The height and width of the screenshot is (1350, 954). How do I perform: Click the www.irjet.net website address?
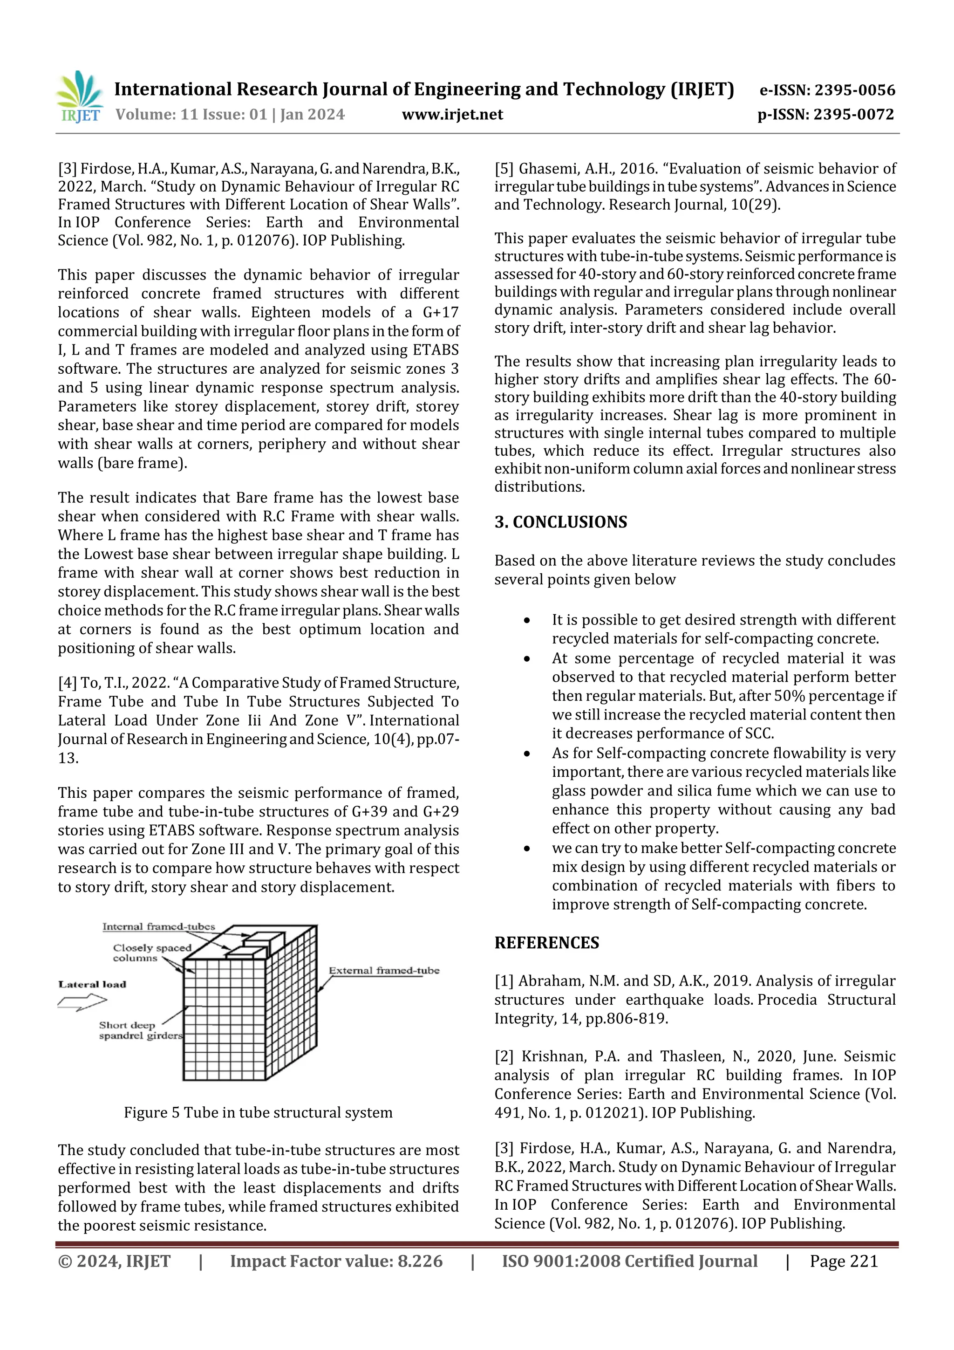(x=452, y=115)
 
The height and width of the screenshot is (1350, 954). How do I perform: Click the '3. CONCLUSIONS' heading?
(x=560, y=522)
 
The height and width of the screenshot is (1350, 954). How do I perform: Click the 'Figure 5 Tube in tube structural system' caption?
(x=258, y=1112)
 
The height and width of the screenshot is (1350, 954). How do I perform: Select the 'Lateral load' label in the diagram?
(x=92, y=984)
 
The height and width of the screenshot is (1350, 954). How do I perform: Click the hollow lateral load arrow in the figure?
(x=82, y=1001)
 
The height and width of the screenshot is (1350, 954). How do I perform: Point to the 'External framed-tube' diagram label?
(x=384, y=970)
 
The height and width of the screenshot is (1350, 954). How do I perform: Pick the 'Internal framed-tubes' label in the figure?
(x=159, y=927)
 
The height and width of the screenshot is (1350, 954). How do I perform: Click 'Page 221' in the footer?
(x=844, y=1261)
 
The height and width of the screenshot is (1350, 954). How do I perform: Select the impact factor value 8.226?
(x=420, y=1261)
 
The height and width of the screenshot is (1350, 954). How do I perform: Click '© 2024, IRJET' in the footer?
(x=114, y=1261)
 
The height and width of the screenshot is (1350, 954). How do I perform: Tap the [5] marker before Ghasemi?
(x=504, y=169)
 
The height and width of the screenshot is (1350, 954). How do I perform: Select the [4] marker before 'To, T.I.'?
(x=67, y=683)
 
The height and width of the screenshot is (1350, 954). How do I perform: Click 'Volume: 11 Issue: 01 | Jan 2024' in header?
(x=230, y=115)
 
